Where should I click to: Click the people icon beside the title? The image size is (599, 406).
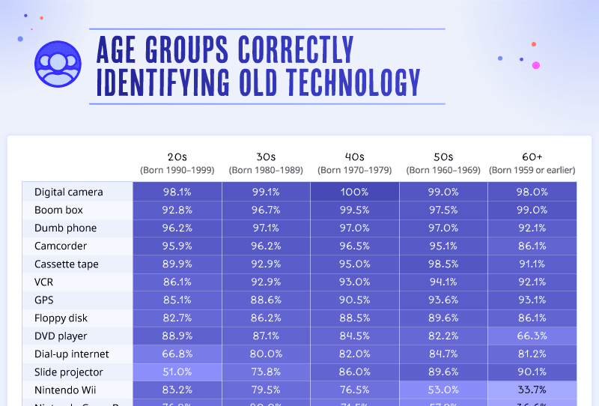pyautogui.click(x=58, y=64)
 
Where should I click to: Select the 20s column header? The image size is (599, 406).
pyautogui.click(x=177, y=157)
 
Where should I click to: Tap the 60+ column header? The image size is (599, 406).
pyautogui.click(x=532, y=157)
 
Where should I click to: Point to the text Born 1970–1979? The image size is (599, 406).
pyautogui.click(x=354, y=170)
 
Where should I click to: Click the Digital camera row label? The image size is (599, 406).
pyautogui.click(x=69, y=192)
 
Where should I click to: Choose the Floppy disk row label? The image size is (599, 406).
pyautogui.click(x=61, y=318)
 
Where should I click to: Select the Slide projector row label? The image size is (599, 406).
pyautogui.click(x=69, y=372)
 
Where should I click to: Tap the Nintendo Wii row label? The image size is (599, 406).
pyautogui.click(x=66, y=390)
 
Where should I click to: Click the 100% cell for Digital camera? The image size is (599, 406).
pyautogui.click(x=354, y=192)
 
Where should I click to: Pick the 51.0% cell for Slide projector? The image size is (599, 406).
pyautogui.click(x=177, y=372)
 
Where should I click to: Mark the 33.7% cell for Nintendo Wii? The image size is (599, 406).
pyautogui.click(x=532, y=390)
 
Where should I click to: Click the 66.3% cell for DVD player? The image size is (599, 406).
pyautogui.click(x=532, y=336)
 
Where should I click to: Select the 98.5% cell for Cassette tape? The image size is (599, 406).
pyautogui.click(x=443, y=264)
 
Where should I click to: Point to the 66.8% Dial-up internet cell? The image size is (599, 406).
pyautogui.click(x=177, y=354)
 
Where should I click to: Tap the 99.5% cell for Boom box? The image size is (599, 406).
pyautogui.click(x=354, y=210)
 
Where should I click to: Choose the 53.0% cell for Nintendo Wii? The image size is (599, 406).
pyautogui.click(x=443, y=390)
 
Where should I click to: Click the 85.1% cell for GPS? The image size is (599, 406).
pyautogui.click(x=177, y=300)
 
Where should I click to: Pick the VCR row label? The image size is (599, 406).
pyautogui.click(x=45, y=282)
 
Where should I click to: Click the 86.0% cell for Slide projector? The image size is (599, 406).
pyautogui.click(x=354, y=372)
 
